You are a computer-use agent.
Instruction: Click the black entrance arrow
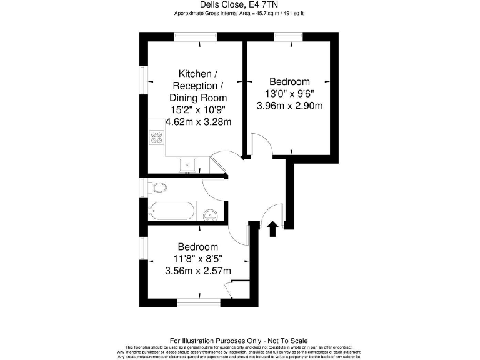pos(272,228)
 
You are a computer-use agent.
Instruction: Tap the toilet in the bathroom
pos(159,187)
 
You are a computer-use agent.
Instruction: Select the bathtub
pos(172,211)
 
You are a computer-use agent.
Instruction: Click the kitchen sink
pos(187,164)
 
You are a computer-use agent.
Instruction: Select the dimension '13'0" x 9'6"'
pos(289,94)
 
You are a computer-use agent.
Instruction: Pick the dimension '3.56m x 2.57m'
pos(197,271)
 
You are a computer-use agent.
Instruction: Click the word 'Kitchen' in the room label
pos(194,74)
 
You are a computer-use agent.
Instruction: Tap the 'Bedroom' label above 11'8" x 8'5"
pos(197,246)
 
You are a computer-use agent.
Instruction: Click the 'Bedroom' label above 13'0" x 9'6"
pos(289,82)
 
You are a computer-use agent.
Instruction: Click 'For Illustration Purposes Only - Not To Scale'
pos(239,341)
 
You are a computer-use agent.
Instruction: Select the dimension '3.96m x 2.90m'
pos(289,106)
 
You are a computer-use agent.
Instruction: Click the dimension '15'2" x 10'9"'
pos(198,109)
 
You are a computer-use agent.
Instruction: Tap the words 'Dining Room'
pos(198,97)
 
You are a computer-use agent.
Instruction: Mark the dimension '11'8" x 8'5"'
pos(197,258)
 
